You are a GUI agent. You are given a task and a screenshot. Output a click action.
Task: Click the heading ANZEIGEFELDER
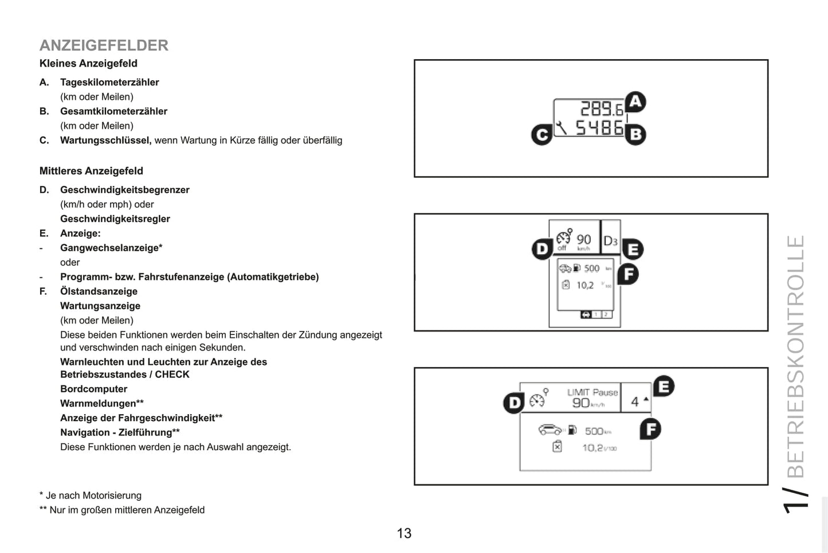pos(104,45)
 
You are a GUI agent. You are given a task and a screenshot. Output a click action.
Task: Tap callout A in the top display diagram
pos(635,103)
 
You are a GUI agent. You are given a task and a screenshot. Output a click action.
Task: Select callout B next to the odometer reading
pos(635,135)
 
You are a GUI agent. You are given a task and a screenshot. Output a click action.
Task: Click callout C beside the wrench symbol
pos(541,135)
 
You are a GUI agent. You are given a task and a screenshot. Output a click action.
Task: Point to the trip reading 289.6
pos(601,109)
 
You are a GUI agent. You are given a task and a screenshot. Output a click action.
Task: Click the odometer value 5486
pos(599,127)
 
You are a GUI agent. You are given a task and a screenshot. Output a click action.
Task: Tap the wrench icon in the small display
pos(562,127)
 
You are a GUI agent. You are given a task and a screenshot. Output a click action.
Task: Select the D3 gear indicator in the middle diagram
pos(610,241)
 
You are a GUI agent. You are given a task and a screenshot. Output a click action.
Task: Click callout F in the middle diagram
pos(629,274)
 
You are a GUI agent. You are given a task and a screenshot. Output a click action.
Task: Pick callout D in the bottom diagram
pos(514,403)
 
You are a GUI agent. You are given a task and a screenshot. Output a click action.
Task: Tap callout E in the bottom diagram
pos(664,387)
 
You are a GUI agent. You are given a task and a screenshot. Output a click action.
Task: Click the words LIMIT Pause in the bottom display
pos(592,392)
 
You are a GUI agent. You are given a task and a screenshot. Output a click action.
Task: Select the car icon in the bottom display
pos(550,430)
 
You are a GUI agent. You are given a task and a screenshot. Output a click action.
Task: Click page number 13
pos(404,533)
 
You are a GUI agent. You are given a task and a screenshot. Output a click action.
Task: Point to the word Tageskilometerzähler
pos(109,83)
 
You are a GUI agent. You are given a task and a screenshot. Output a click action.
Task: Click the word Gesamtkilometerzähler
pos(113,111)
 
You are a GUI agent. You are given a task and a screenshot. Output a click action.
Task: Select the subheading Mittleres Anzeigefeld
pos(91,171)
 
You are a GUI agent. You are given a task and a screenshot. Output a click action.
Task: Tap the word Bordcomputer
pos(93,389)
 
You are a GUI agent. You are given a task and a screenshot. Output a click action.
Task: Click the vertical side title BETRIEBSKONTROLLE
pos(796,356)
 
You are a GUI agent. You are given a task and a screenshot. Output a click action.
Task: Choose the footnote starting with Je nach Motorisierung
pos(91,496)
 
